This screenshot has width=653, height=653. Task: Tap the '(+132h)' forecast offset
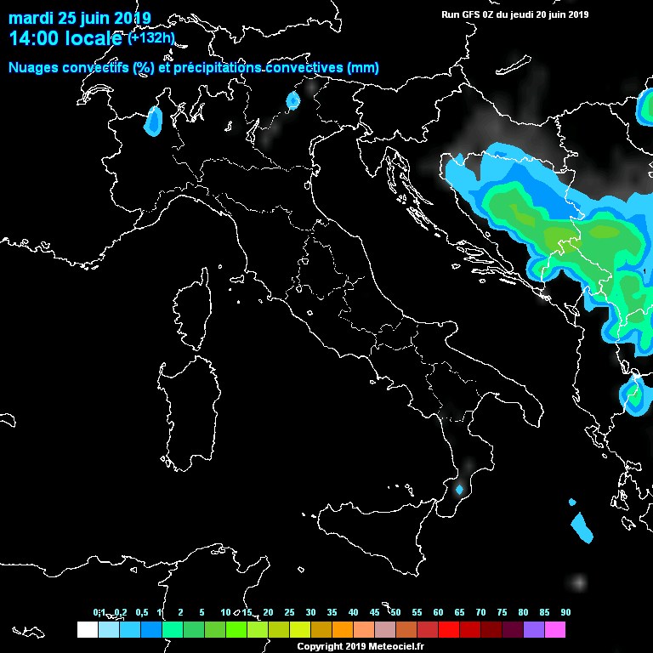(151, 37)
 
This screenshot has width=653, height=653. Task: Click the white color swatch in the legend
(87, 630)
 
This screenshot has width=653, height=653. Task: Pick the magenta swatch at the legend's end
(555, 630)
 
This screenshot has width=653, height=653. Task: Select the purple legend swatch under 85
(534, 630)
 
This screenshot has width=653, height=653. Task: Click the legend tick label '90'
(565, 612)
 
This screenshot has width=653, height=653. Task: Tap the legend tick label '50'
(395, 612)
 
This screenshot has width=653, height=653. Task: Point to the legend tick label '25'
(289, 612)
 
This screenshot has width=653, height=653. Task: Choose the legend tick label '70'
(480, 612)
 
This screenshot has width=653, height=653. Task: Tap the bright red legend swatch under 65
(449, 630)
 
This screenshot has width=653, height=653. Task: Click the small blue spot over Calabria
(460, 490)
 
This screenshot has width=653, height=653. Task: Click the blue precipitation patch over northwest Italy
(154, 121)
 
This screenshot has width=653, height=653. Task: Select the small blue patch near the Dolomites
(293, 101)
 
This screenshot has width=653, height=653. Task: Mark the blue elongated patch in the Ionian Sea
(582, 527)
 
